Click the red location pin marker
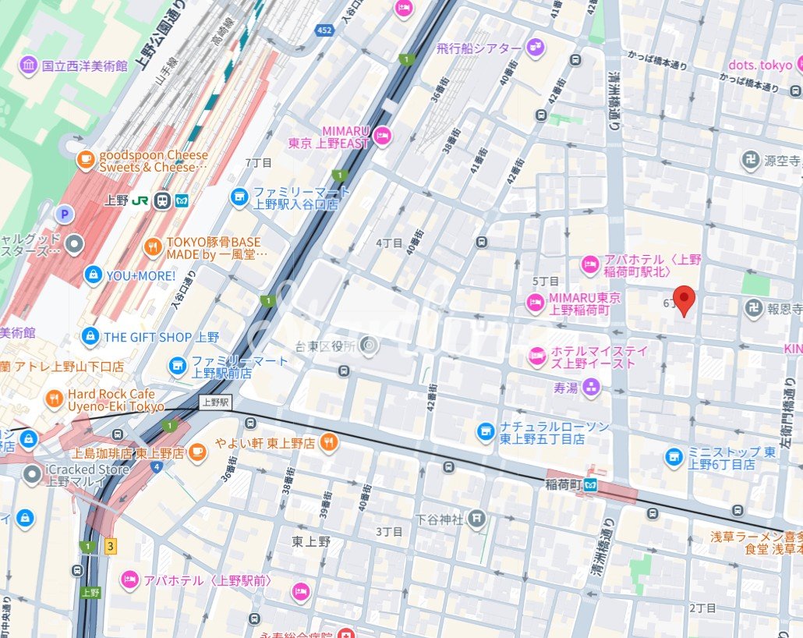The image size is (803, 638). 684,300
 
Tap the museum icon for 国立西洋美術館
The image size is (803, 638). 29,66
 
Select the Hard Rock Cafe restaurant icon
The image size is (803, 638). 54,400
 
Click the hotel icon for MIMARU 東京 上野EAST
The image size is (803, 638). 382,136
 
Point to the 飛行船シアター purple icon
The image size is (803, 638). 535,48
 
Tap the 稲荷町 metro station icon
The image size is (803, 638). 592,484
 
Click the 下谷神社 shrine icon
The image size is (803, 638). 477,519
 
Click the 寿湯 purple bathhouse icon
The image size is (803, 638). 592,387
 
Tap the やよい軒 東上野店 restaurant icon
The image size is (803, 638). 329,442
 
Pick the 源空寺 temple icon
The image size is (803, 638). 751,161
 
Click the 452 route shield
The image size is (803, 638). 324,30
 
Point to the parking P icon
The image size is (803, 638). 64,213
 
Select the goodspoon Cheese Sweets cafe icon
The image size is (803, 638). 85,161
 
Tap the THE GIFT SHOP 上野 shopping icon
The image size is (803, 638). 90,337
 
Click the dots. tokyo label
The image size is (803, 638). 760,65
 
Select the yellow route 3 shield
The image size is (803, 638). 111,547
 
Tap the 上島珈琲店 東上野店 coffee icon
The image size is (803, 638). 198,452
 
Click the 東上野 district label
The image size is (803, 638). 311,541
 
